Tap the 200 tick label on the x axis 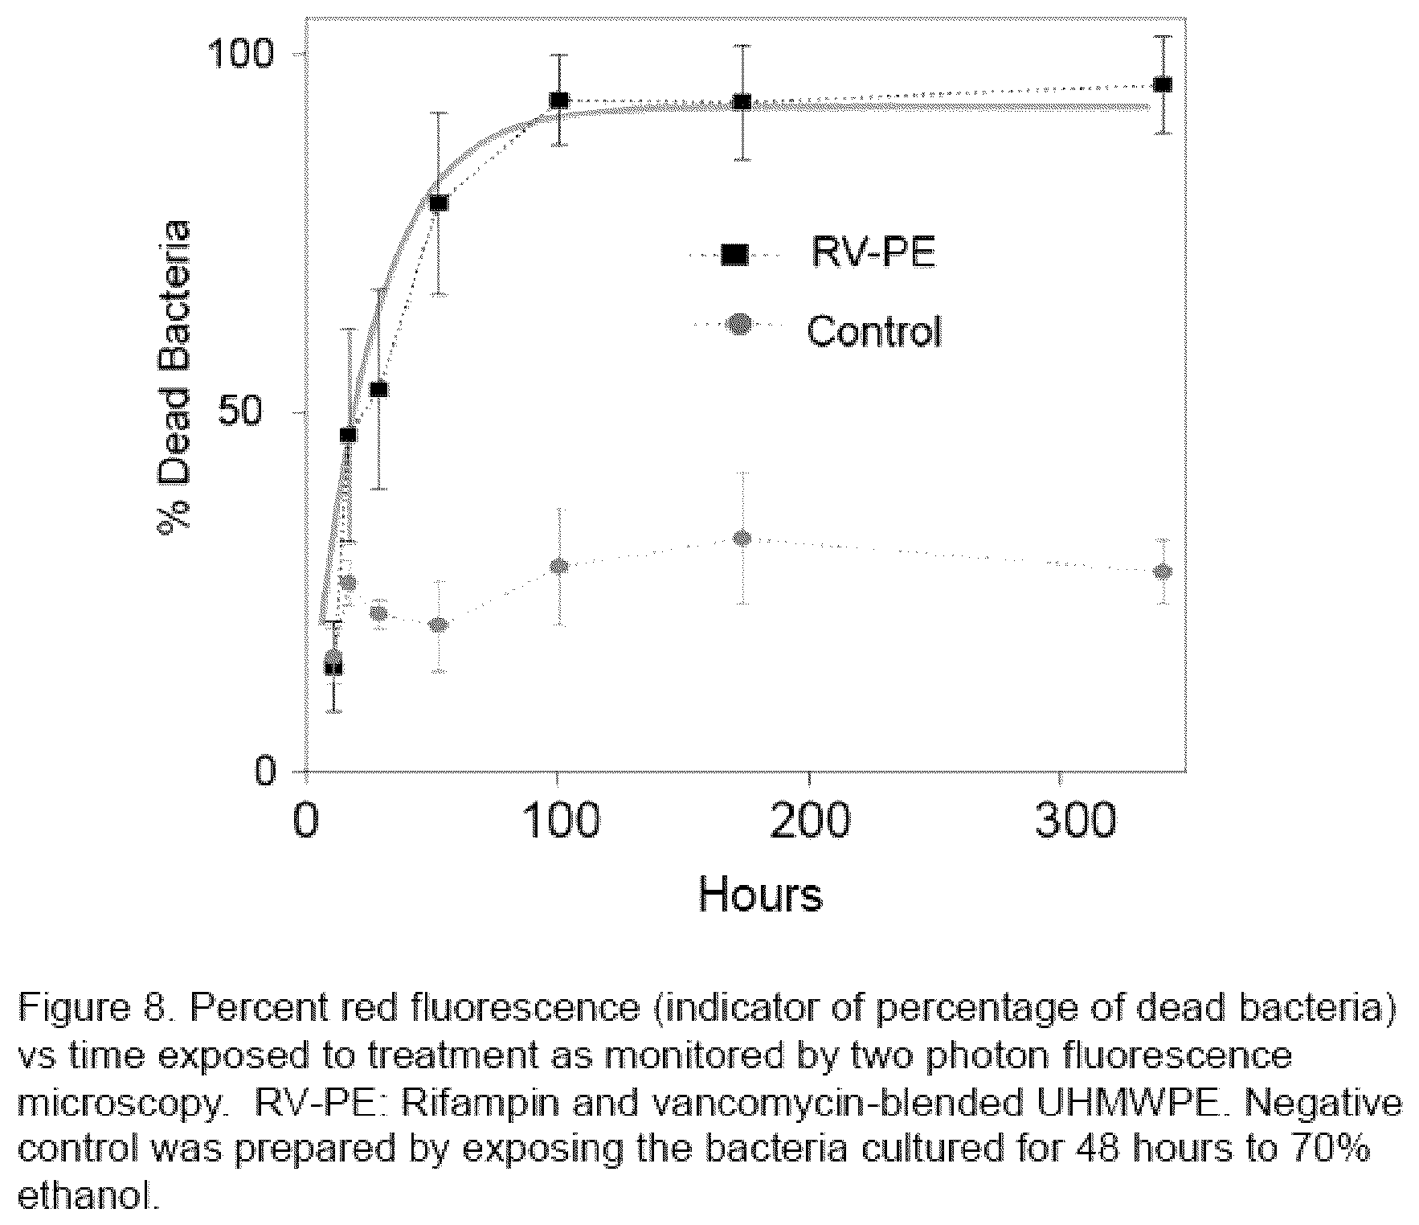click(807, 821)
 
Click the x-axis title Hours click(760, 894)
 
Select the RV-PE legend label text click(873, 254)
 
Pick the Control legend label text click(873, 330)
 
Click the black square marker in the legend click(734, 255)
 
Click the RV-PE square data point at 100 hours click(559, 100)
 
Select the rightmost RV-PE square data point click(1162, 85)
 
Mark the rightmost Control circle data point click(1162, 572)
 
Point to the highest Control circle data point click(742, 538)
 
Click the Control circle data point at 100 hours click(560, 566)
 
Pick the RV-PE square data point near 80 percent click(438, 203)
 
